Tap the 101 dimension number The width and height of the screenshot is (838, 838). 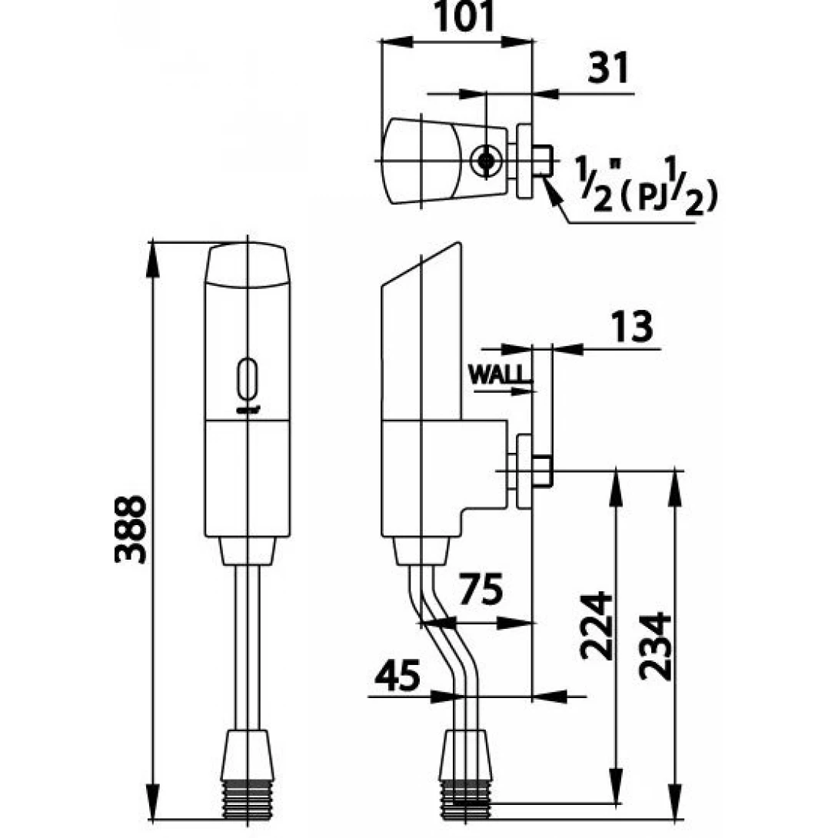tap(464, 17)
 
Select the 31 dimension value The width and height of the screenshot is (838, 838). tap(608, 68)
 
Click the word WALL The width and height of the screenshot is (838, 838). tap(499, 374)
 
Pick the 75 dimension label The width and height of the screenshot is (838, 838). tap(481, 589)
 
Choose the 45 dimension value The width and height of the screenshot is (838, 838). tap(397, 674)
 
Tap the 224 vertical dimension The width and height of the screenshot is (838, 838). tap(596, 625)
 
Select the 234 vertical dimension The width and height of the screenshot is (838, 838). tap(655, 646)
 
